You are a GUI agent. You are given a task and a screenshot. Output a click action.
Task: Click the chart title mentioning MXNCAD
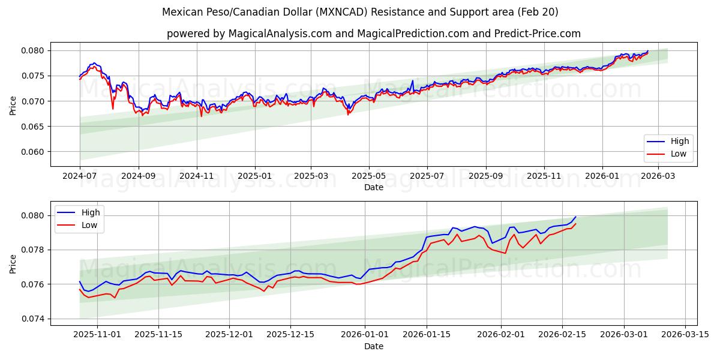pyautogui.click(x=360, y=12)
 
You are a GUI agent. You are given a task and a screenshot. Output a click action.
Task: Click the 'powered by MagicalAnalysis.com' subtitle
pyautogui.click(x=373, y=34)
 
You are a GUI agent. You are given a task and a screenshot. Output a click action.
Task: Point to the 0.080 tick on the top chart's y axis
pyautogui.click(x=34, y=50)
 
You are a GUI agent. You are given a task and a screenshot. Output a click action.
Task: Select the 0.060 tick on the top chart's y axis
pyautogui.click(x=34, y=152)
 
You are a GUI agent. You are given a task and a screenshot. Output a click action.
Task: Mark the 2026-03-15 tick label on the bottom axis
pyautogui.click(x=686, y=335)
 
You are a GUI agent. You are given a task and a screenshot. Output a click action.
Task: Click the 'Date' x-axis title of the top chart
pyautogui.click(x=373, y=187)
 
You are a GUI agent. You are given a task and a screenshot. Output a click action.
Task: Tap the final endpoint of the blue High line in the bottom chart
pyautogui.click(x=575, y=217)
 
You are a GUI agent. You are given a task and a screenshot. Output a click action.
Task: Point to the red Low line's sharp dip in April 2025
pyautogui.click(x=348, y=114)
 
